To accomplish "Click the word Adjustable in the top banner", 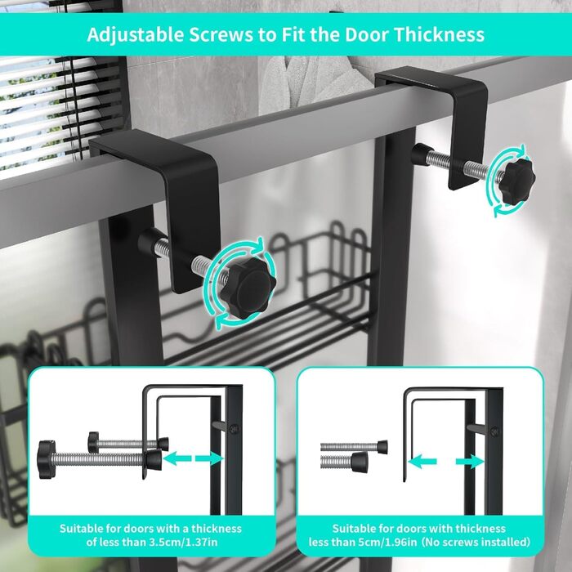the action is point(135,35).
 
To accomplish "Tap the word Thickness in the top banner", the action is point(439,34).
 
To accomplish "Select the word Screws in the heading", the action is point(221,35).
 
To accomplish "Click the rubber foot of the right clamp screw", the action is point(421,154).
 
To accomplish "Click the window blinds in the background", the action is point(58,109).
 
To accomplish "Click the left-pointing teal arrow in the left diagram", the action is point(177,458).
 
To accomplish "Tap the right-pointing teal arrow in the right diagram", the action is point(470,462).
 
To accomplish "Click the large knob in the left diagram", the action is point(47,459).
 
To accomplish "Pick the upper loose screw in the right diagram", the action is point(354,447).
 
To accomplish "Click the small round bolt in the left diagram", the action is point(235,429).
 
